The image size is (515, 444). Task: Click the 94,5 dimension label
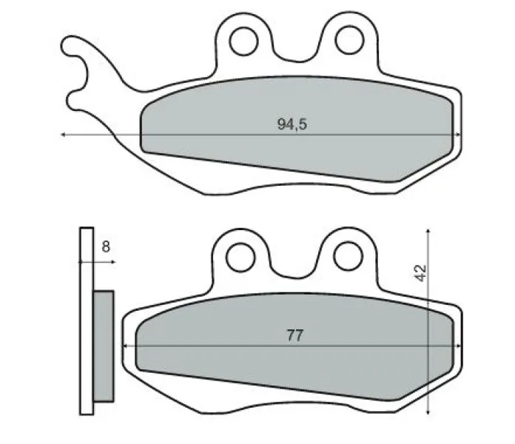point(292,124)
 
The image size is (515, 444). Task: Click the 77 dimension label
point(294,335)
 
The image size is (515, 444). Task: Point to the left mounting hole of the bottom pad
point(240,256)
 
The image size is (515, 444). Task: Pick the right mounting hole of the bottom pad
point(344,256)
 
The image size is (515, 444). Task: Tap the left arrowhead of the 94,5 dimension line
point(64,135)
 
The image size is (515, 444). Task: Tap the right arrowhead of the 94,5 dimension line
point(460,135)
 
